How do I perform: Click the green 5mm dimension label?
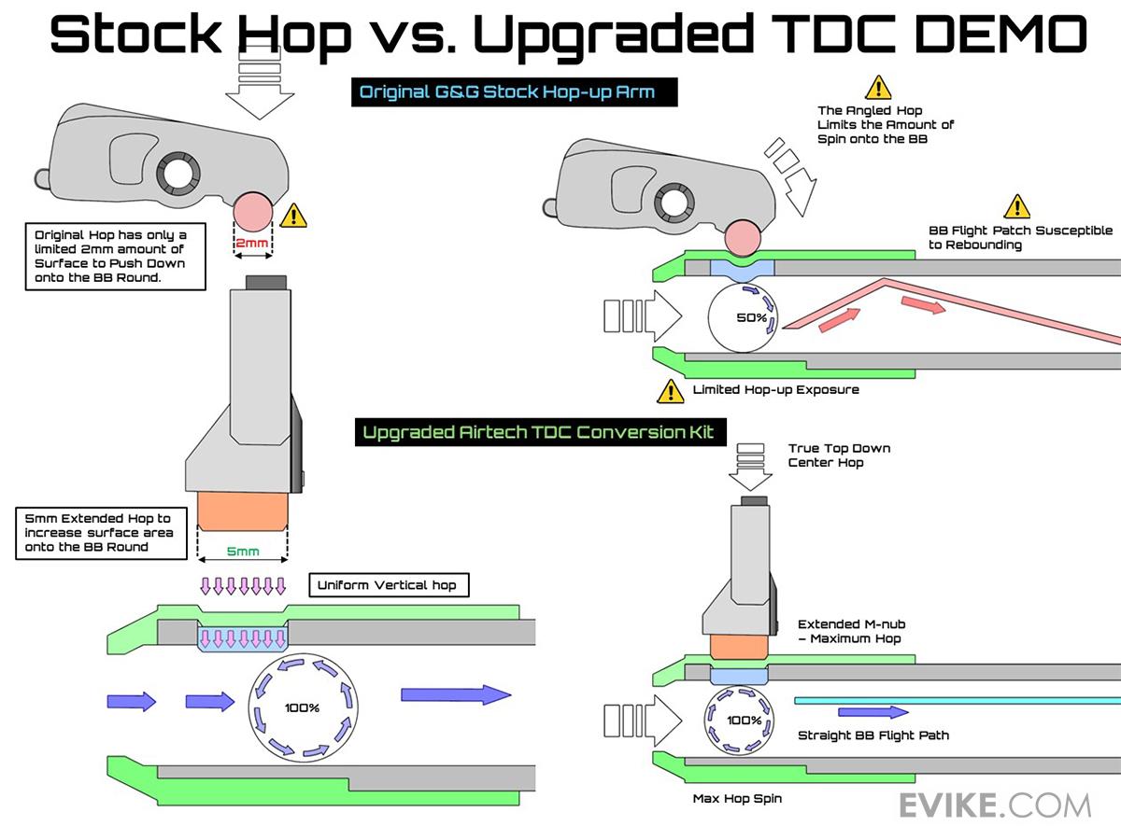click(x=244, y=552)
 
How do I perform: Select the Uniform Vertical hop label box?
click(x=388, y=586)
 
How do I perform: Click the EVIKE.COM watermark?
click(x=995, y=805)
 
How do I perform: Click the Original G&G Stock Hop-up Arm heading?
click(x=514, y=92)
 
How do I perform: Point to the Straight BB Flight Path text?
click(x=873, y=735)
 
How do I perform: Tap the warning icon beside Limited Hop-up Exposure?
click(x=670, y=391)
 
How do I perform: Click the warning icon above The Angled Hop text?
click(x=878, y=88)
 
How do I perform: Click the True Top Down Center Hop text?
click(x=838, y=455)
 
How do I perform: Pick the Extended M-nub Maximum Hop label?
click(x=851, y=631)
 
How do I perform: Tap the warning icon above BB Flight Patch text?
click(x=1016, y=206)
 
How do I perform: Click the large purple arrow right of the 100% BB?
click(x=455, y=694)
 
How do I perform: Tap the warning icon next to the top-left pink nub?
click(x=293, y=217)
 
